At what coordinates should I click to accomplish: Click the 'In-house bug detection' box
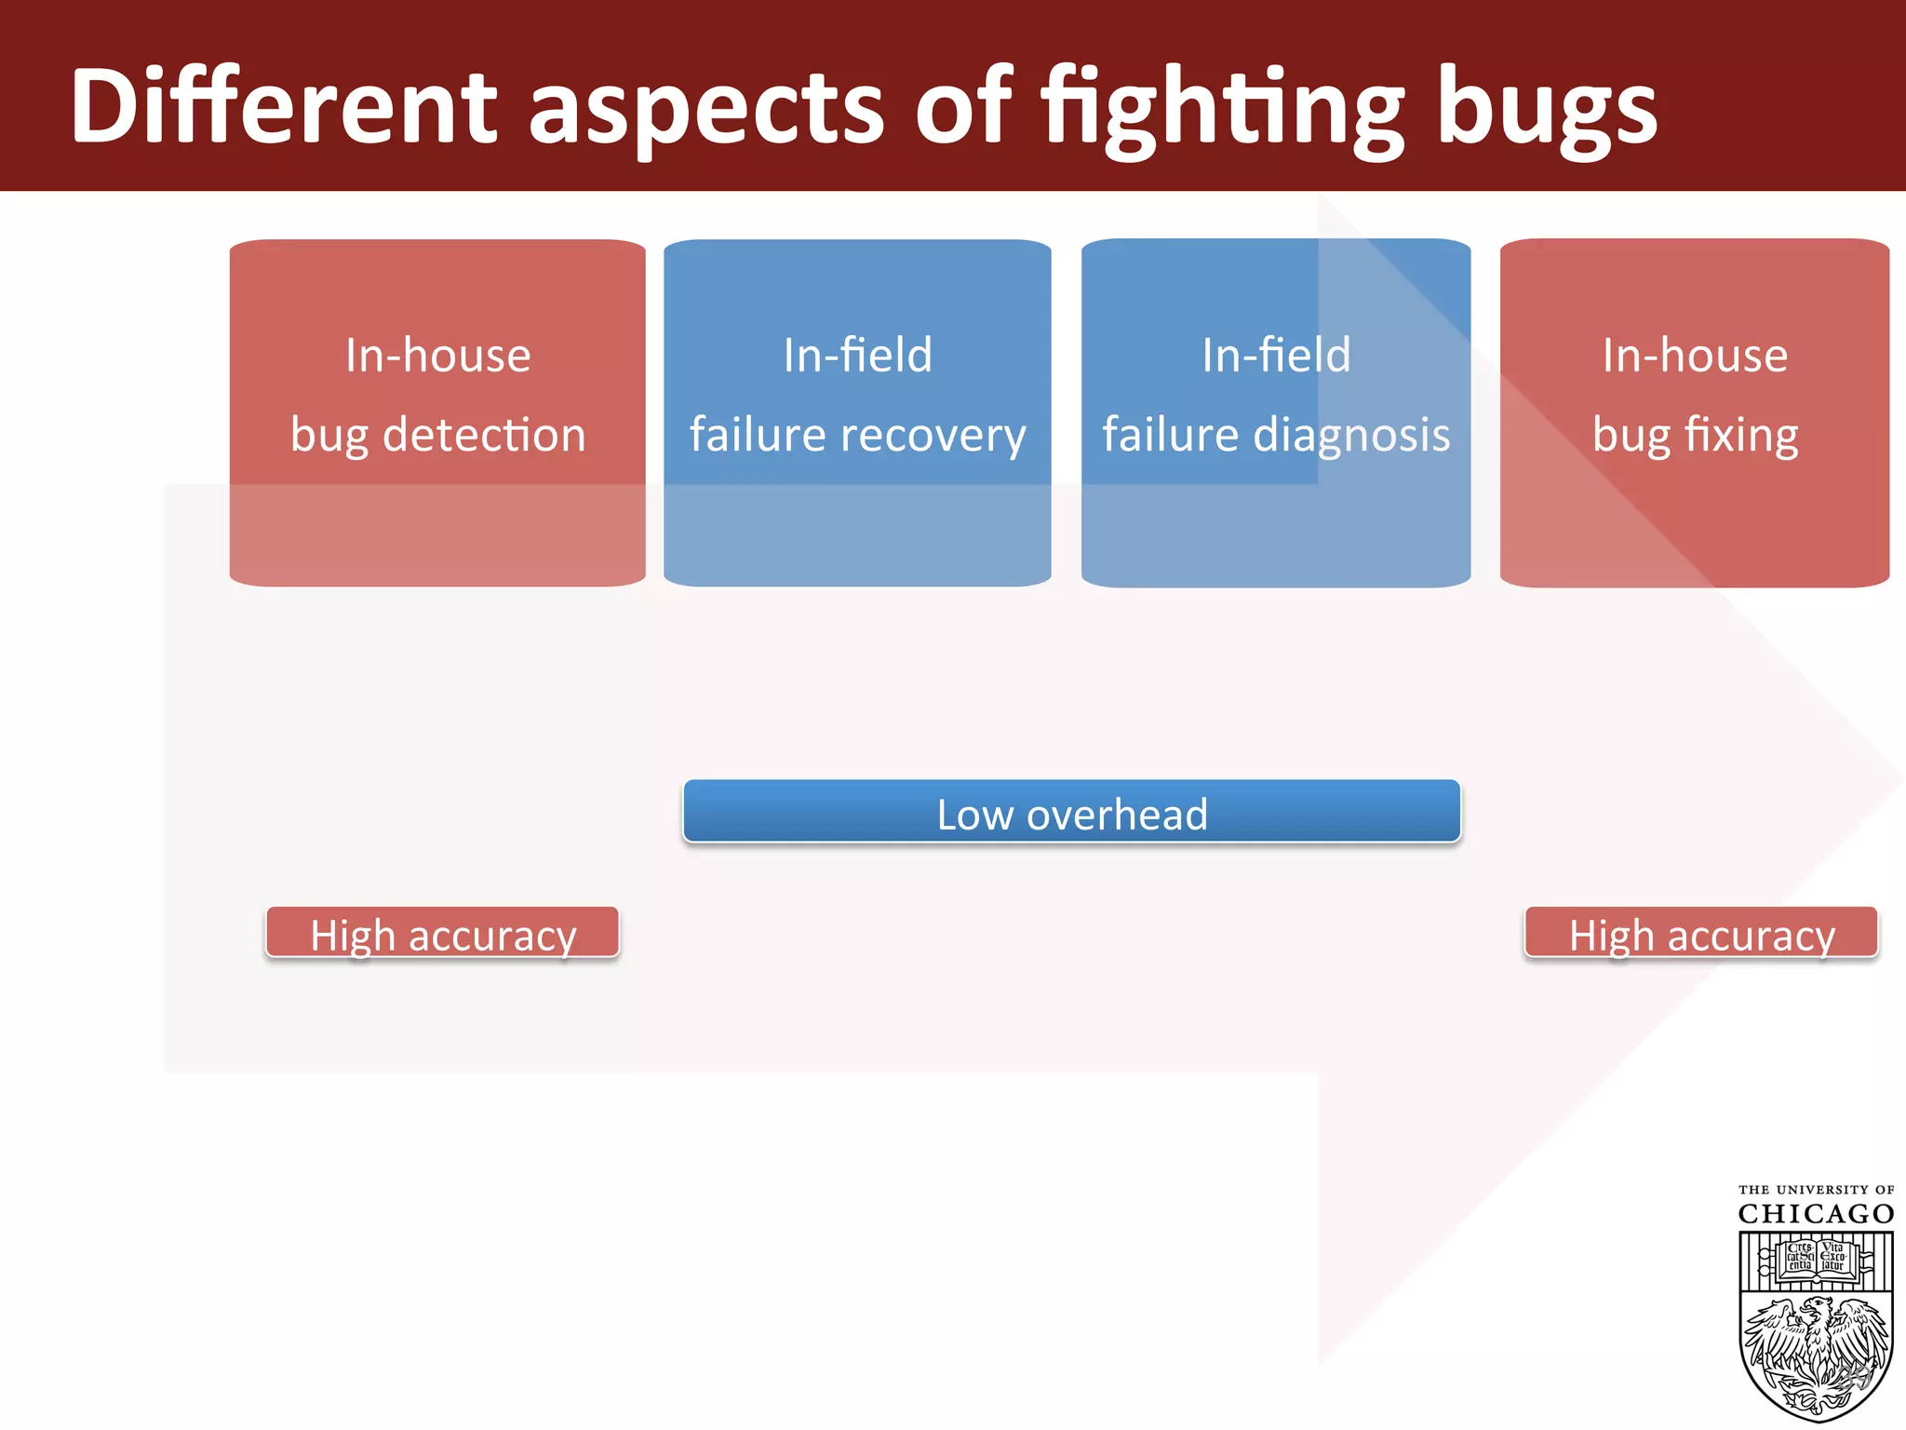coord(437,411)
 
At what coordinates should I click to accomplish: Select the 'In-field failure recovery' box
coord(857,411)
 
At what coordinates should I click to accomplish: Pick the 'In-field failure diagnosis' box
coord(1276,411)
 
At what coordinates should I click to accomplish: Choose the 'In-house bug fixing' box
coord(1695,411)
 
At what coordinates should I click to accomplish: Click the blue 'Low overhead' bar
coord(1071,812)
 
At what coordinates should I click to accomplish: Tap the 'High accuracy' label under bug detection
coord(442,934)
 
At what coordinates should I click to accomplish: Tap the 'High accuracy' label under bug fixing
coord(1701,934)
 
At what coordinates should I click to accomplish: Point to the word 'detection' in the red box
coord(484,435)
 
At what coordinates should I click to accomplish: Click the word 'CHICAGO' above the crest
coord(1816,1214)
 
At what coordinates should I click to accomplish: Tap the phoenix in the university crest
coord(1816,1350)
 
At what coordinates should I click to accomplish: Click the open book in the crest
coord(1816,1258)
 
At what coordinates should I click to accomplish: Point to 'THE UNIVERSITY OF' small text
coord(1816,1190)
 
